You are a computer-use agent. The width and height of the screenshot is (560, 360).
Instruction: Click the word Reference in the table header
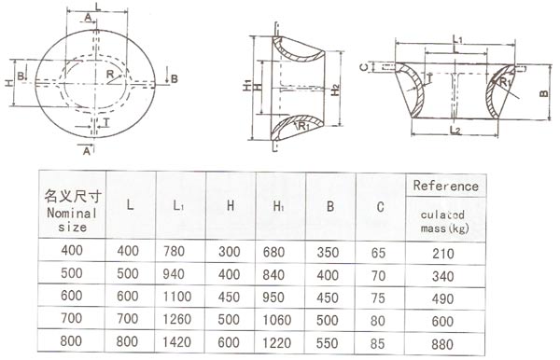click(x=445, y=186)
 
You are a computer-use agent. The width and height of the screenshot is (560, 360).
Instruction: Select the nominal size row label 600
click(x=71, y=297)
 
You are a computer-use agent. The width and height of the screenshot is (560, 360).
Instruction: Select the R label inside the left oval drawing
click(x=111, y=75)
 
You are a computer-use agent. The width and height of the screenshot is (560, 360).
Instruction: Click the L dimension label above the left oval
click(x=98, y=7)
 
